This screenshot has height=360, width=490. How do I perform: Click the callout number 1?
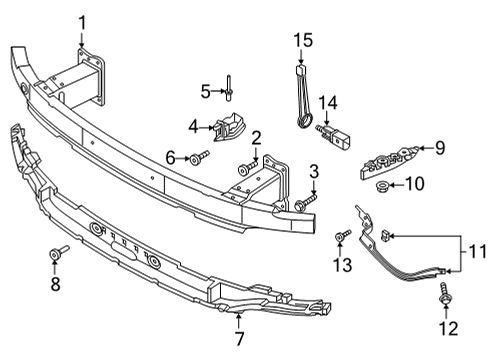82,24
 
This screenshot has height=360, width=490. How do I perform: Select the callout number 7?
239,338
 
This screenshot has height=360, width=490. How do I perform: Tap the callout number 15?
303,40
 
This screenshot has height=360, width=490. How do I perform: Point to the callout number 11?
477,251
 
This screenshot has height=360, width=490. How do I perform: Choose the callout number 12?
449,328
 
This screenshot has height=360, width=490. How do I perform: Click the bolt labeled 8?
59,252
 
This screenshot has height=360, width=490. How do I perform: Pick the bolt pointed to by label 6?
199,157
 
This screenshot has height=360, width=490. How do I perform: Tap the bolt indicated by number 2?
248,168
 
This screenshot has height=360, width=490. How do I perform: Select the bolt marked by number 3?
305,202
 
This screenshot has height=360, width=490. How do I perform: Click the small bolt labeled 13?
343,234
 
